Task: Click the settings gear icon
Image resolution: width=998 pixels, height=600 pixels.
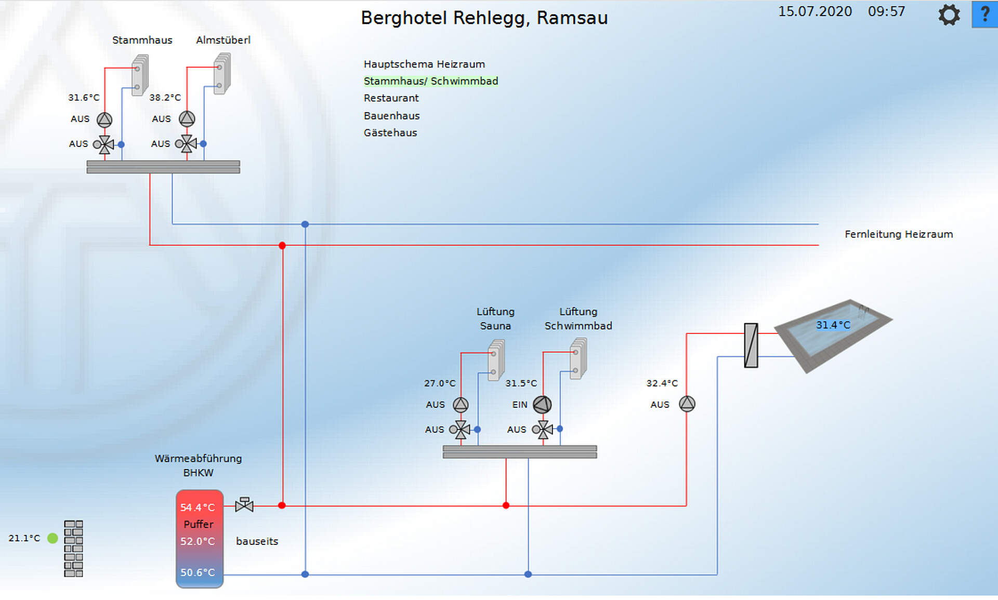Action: [949, 15]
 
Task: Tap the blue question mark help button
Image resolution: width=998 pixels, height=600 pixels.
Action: [984, 14]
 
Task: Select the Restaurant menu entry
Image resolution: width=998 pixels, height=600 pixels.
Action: [391, 98]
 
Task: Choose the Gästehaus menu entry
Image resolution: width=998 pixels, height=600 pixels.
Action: [390, 133]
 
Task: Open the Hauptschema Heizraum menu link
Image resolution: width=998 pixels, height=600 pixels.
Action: [424, 64]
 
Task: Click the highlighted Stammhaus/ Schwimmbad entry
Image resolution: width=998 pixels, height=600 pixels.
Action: [430, 81]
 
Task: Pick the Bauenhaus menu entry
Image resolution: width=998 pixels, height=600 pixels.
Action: [391, 116]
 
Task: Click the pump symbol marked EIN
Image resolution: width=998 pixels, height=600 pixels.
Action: [542, 405]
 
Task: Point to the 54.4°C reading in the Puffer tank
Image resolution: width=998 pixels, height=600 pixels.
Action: [197, 508]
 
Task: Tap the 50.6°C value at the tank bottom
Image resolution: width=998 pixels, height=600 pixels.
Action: [197, 572]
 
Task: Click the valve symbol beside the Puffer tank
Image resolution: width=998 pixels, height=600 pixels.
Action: [244, 504]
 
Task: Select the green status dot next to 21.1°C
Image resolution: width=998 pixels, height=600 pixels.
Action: [52, 538]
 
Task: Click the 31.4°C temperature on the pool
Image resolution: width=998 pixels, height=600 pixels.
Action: [833, 325]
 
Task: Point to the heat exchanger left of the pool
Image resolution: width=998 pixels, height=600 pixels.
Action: [751, 345]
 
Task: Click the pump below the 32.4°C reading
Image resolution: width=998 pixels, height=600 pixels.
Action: [687, 404]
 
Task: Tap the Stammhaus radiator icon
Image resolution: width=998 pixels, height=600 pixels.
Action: [139, 75]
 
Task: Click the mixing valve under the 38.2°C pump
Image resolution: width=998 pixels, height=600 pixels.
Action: [186, 144]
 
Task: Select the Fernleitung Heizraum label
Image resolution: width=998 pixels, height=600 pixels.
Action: [898, 234]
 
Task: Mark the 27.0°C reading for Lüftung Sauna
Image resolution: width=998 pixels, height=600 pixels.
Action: [439, 383]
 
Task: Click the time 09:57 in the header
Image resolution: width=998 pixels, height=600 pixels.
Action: [886, 11]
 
